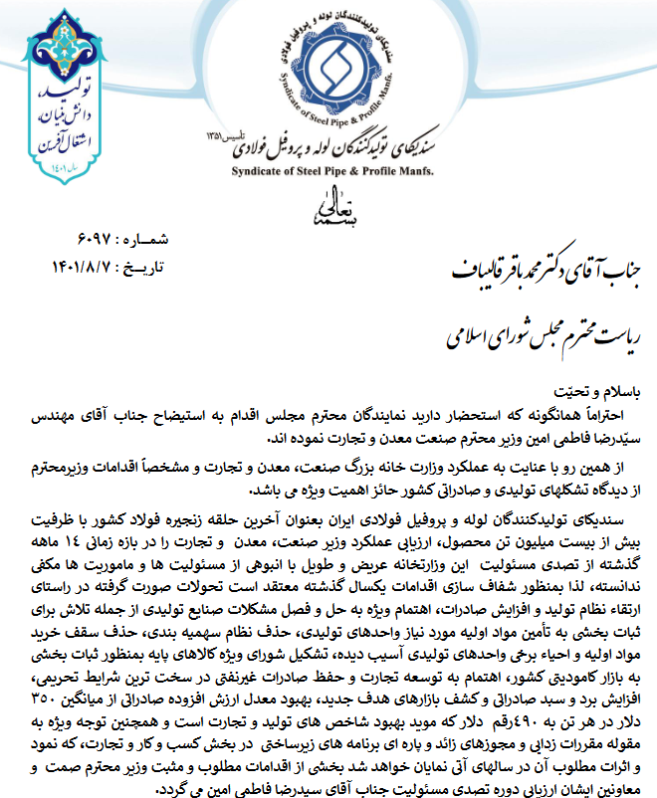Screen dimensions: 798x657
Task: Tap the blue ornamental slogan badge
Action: click(45, 99)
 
